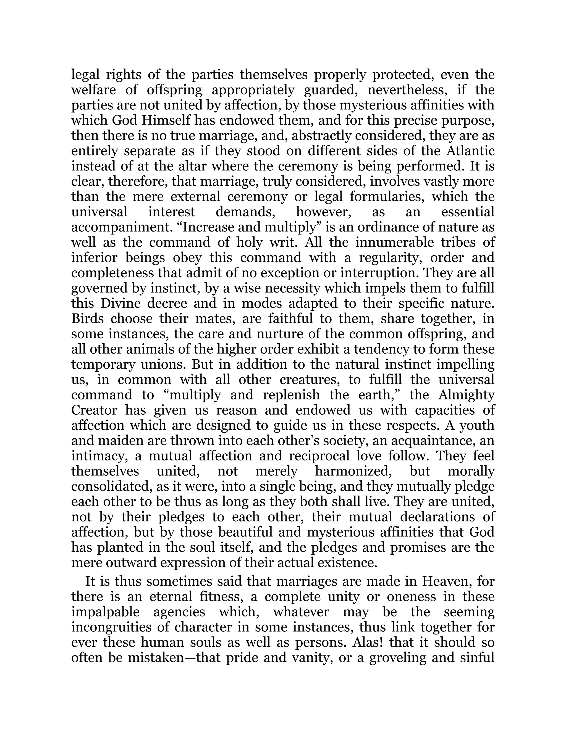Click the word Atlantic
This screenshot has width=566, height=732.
(470, 151)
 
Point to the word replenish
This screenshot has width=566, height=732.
(291, 395)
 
